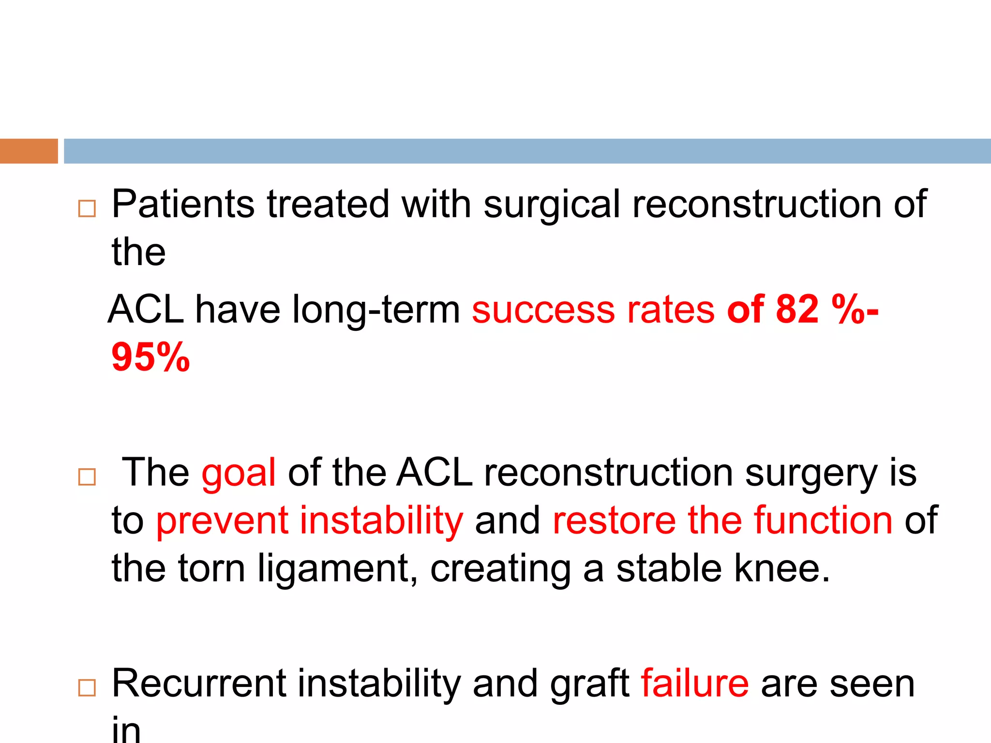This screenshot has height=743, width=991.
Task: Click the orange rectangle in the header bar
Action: [29, 151]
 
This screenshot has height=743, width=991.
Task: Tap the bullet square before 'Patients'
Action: [87, 209]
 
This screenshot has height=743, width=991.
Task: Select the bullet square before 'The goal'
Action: [87, 477]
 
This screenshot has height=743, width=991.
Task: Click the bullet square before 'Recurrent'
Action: [87, 687]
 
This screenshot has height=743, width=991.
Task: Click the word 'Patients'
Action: [183, 204]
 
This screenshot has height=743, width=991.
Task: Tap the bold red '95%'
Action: [150, 357]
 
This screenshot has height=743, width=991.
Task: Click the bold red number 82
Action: [797, 309]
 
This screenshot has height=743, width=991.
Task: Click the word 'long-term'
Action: [376, 310]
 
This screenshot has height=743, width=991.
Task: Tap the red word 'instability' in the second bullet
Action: [381, 520]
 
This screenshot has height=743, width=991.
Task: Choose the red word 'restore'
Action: [614, 520]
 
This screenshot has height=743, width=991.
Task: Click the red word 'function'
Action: [823, 520]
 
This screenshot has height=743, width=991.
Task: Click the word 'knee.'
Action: [781, 568]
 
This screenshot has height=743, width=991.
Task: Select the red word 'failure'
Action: [695, 683]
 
